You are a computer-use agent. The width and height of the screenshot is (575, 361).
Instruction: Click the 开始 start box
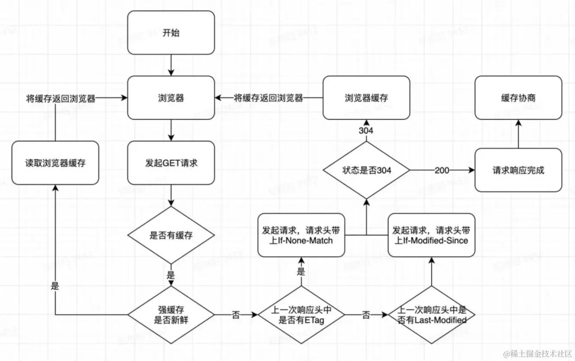[x=171, y=33]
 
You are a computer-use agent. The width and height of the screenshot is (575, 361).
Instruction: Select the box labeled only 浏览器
[x=171, y=98]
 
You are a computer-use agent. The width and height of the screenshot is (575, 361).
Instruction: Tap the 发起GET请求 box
[x=171, y=163]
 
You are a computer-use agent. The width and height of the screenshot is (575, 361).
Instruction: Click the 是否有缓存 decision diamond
[x=171, y=235]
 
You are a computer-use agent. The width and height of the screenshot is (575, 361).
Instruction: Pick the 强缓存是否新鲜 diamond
[x=171, y=315]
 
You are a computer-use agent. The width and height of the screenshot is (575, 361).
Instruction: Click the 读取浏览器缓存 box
[x=55, y=163]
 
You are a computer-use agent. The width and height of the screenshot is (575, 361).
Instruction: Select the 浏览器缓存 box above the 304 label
[x=366, y=98]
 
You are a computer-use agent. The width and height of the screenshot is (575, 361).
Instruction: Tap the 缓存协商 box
[x=518, y=98]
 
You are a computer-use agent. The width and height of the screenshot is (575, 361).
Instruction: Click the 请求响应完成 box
[x=518, y=170]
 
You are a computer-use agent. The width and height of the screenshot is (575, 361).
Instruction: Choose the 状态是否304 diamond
[x=366, y=170]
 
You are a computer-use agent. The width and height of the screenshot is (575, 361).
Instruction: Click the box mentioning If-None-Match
[x=301, y=235]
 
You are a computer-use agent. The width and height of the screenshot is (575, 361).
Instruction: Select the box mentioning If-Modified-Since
[x=431, y=235]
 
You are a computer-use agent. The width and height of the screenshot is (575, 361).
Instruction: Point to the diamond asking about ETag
[x=301, y=315]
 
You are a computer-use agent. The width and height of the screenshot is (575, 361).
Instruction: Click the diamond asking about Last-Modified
[x=431, y=315]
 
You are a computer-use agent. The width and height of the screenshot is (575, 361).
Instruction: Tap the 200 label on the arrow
[x=442, y=170]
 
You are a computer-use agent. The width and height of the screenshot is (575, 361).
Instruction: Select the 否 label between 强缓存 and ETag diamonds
[x=236, y=315]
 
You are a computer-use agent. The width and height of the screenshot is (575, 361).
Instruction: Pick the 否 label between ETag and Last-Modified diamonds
[x=366, y=315]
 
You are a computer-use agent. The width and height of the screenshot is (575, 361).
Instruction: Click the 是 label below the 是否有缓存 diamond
[x=171, y=275]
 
